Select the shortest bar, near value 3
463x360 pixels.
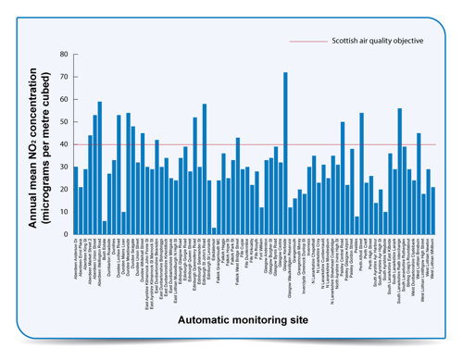click(x=214, y=229)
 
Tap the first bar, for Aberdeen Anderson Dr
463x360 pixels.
click(x=76, y=199)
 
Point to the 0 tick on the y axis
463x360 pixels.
click(x=64, y=232)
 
